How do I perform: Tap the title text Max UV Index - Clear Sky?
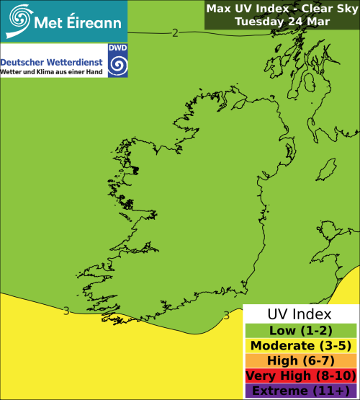pos(282,9)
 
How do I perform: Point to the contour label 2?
pos(175,32)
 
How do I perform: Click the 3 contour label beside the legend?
pos(226,315)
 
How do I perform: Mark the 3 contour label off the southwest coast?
pos(66,311)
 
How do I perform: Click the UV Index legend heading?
pos(300,315)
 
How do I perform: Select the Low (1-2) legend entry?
pos(300,331)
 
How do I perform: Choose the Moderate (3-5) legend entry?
pos(300,346)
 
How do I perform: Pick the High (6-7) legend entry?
pos(300,361)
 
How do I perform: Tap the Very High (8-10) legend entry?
pos(300,376)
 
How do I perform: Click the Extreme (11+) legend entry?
pos(300,391)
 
